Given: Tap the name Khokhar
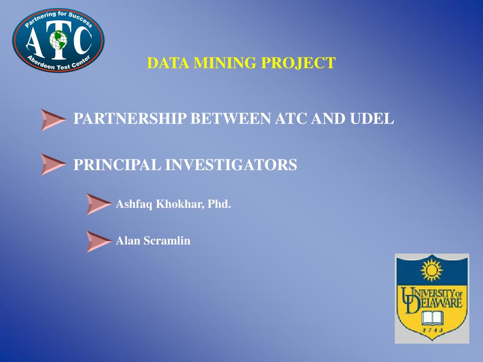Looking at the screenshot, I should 179,204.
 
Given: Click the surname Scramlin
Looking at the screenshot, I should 167,241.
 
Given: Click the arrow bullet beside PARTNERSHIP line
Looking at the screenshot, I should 52,119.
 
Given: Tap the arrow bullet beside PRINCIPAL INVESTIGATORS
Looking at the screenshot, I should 52,164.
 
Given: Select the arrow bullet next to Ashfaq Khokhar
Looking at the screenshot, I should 99,204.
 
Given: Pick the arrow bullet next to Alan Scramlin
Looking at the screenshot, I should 99,241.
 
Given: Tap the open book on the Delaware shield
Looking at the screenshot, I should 432,317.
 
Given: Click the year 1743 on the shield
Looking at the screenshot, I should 432,330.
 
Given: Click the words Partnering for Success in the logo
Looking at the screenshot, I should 58,18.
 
